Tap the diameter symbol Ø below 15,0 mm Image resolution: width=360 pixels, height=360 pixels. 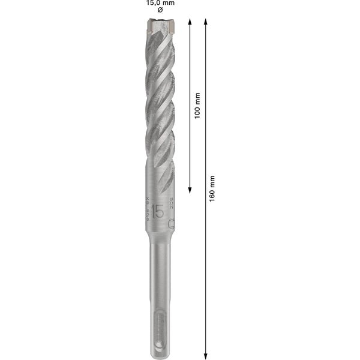[159, 11]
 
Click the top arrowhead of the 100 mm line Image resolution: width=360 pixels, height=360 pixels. [190, 22]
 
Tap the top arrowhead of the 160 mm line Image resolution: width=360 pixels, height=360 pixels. [206, 22]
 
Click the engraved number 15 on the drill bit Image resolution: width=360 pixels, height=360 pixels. [158, 211]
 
